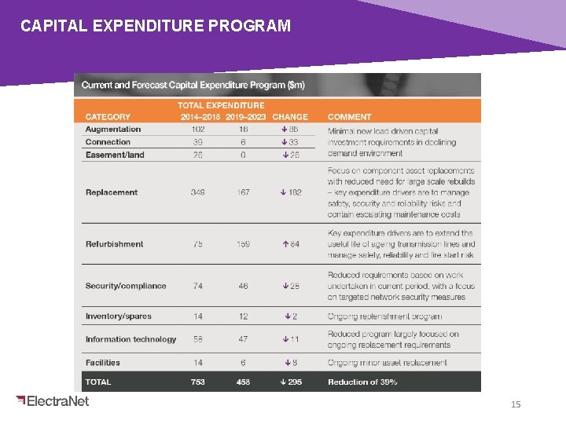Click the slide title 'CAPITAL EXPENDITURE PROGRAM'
pyautogui.click(x=156, y=26)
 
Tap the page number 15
pyautogui.click(x=516, y=404)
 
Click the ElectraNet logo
pyautogui.click(x=53, y=401)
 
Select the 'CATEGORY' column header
pyautogui.click(x=108, y=117)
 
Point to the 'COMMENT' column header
pyautogui.click(x=349, y=117)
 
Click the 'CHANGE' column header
pyautogui.click(x=290, y=117)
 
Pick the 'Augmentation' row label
pyautogui.click(x=113, y=130)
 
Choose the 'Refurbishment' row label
pyautogui.click(x=114, y=244)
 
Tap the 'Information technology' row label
pyautogui.click(x=130, y=339)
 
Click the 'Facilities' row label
pyautogui.click(x=103, y=363)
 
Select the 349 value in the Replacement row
pyautogui.click(x=198, y=192)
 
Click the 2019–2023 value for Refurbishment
pyautogui.click(x=243, y=244)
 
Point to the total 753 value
pyautogui.click(x=197, y=382)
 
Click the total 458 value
pyautogui.click(x=243, y=382)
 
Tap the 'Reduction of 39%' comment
pyautogui.click(x=362, y=382)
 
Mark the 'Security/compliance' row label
pyautogui.click(x=126, y=286)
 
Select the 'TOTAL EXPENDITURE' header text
pyautogui.click(x=221, y=105)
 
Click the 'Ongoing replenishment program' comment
pyautogui.click(x=384, y=316)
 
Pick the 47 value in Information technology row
pyautogui.click(x=243, y=339)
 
